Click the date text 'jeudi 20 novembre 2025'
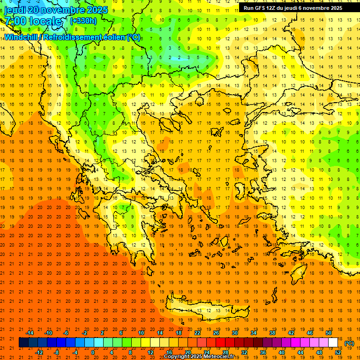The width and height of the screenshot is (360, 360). (x=56, y=10)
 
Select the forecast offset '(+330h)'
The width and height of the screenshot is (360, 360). (x=83, y=21)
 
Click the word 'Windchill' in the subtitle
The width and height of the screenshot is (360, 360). (x=21, y=37)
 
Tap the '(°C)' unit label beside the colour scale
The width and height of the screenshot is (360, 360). (x=349, y=343)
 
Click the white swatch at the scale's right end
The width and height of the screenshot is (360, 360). (x=333, y=343)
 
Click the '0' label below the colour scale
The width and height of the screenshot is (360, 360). (x=93, y=352)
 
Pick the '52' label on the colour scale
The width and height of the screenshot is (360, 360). (x=338, y=352)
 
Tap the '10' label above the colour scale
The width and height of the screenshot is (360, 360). (x=141, y=333)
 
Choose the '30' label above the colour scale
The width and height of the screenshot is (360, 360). (x=234, y=333)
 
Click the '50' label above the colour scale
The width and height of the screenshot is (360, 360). (x=328, y=333)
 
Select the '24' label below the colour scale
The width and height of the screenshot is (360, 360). (x=206, y=352)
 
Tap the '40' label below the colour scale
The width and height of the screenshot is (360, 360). (x=281, y=352)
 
